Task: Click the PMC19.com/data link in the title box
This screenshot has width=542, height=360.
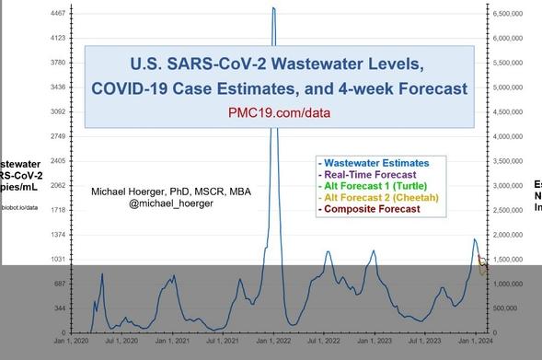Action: (279, 113)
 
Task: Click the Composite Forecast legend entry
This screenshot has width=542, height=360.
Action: (368, 209)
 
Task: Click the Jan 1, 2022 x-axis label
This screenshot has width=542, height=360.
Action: (273, 342)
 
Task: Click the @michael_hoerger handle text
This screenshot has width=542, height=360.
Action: (171, 203)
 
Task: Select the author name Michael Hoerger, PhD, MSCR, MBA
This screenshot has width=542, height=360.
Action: (171, 192)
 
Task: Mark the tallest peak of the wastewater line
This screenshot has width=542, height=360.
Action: (273, 8)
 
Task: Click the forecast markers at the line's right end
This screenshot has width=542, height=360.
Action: (483, 263)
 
